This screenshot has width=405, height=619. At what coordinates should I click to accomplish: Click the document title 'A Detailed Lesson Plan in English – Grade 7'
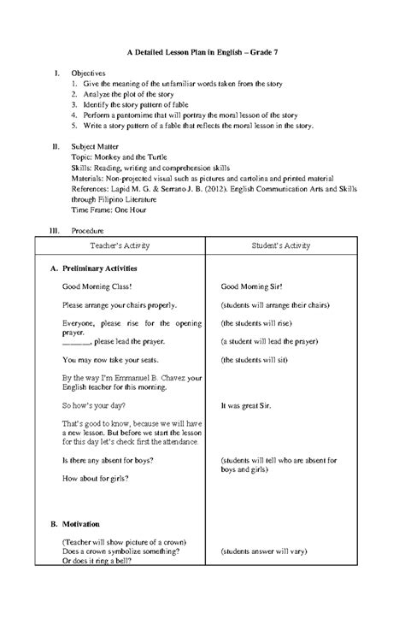coord(202,53)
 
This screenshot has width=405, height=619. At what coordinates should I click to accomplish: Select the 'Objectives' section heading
coord(88,74)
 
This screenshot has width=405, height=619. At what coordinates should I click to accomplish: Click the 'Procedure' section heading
coord(89,231)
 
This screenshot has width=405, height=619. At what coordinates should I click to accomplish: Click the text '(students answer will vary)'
coord(271,553)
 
